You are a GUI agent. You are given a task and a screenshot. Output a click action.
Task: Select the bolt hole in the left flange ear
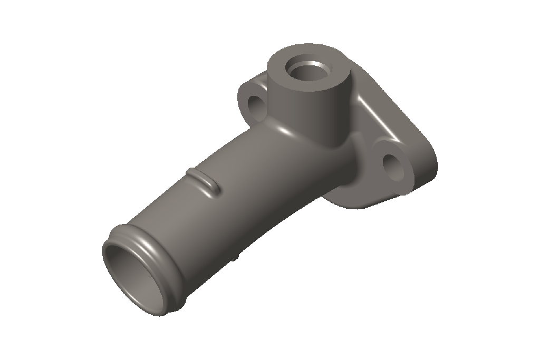coord(256,106)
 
